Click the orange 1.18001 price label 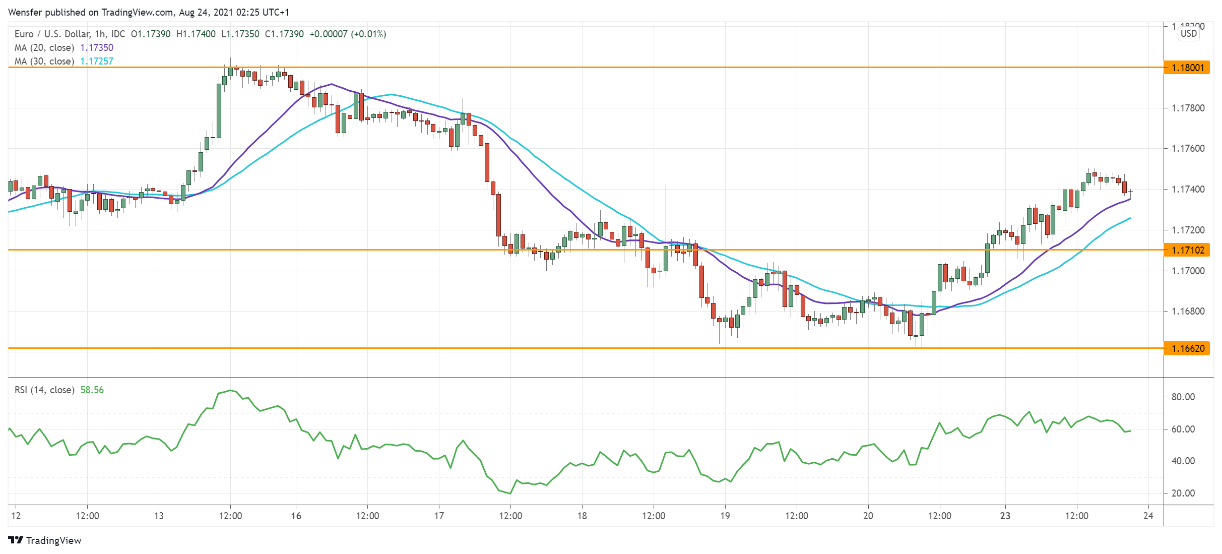(x=1187, y=68)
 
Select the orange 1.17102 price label (x=1187, y=250)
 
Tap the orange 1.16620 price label (x=1187, y=348)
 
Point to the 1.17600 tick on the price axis (x=1188, y=149)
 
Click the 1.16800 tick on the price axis (x=1188, y=312)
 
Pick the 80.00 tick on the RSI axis (x=1183, y=397)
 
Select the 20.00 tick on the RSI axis (x=1183, y=494)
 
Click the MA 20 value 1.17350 (x=97, y=48)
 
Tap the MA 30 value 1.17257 (x=97, y=61)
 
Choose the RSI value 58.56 (x=92, y=390)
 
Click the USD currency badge (x=1189, y=34)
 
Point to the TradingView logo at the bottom (x=45, y=540)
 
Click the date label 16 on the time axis (x=296, y=516)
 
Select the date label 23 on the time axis (x=1005, y=516)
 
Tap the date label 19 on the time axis (x=725, y=516)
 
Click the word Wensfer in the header (x=25, y=13)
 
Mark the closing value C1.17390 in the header (x=284, y=34)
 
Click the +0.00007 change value (x=329, y=34)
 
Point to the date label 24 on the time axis (x=1148, y=516)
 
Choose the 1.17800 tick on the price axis (x=1188, y=108)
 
